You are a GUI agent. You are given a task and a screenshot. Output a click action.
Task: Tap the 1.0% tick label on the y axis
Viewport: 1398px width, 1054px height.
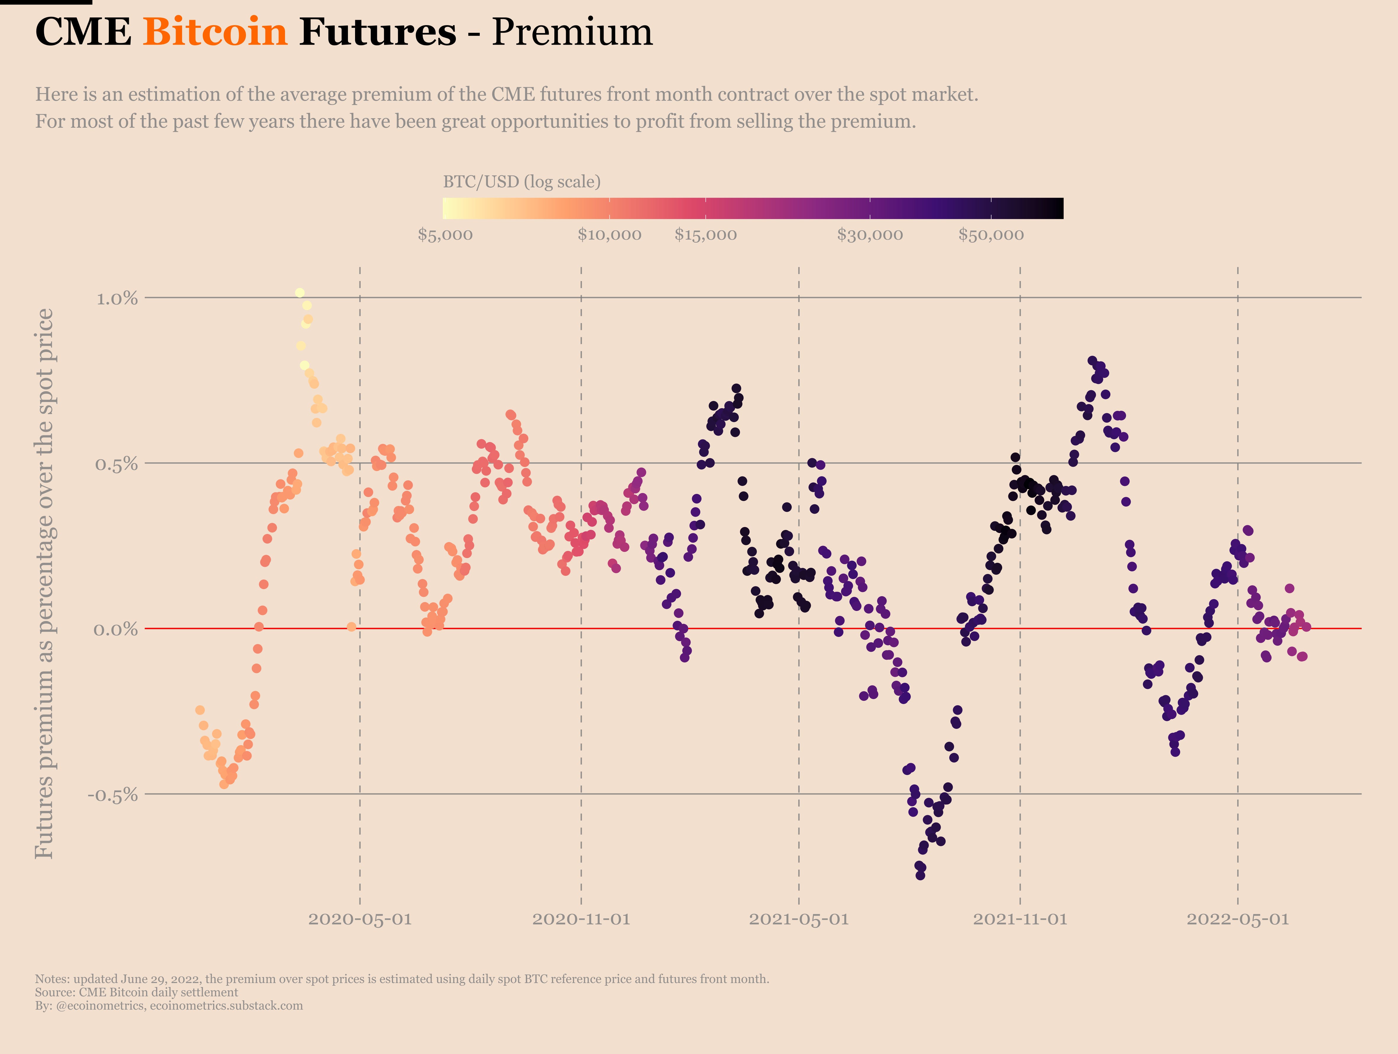click(117, 298)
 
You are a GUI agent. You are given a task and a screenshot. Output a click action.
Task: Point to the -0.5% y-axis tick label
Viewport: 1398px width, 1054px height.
click(113, 795)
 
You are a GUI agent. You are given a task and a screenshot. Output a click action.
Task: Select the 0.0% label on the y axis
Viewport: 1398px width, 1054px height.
click(116, 629)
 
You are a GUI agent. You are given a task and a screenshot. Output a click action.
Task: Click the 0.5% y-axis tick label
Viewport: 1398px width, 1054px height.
click(116, 464)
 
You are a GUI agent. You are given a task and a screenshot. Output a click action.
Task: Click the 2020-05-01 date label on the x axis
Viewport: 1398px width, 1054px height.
click(359, 919)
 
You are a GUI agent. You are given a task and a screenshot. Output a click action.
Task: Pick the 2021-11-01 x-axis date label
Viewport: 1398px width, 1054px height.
click(1019, 919)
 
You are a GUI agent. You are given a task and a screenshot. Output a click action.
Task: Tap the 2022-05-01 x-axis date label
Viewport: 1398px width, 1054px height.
click(1237, 919)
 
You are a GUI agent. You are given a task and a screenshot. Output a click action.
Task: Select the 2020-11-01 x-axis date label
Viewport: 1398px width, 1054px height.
click(581, 919)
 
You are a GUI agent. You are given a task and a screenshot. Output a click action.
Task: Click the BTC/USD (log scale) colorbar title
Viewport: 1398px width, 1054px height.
click(521, 182)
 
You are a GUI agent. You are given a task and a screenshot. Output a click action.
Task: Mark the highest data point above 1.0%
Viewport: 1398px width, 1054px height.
click(299, 293)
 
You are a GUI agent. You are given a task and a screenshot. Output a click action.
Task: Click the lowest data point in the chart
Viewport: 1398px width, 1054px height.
click(920, 875)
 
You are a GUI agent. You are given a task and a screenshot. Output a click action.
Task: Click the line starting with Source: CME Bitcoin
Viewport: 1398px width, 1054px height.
click(137, 992)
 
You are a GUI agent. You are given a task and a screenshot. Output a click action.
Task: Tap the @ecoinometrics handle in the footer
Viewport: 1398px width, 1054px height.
click(100, 1005)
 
